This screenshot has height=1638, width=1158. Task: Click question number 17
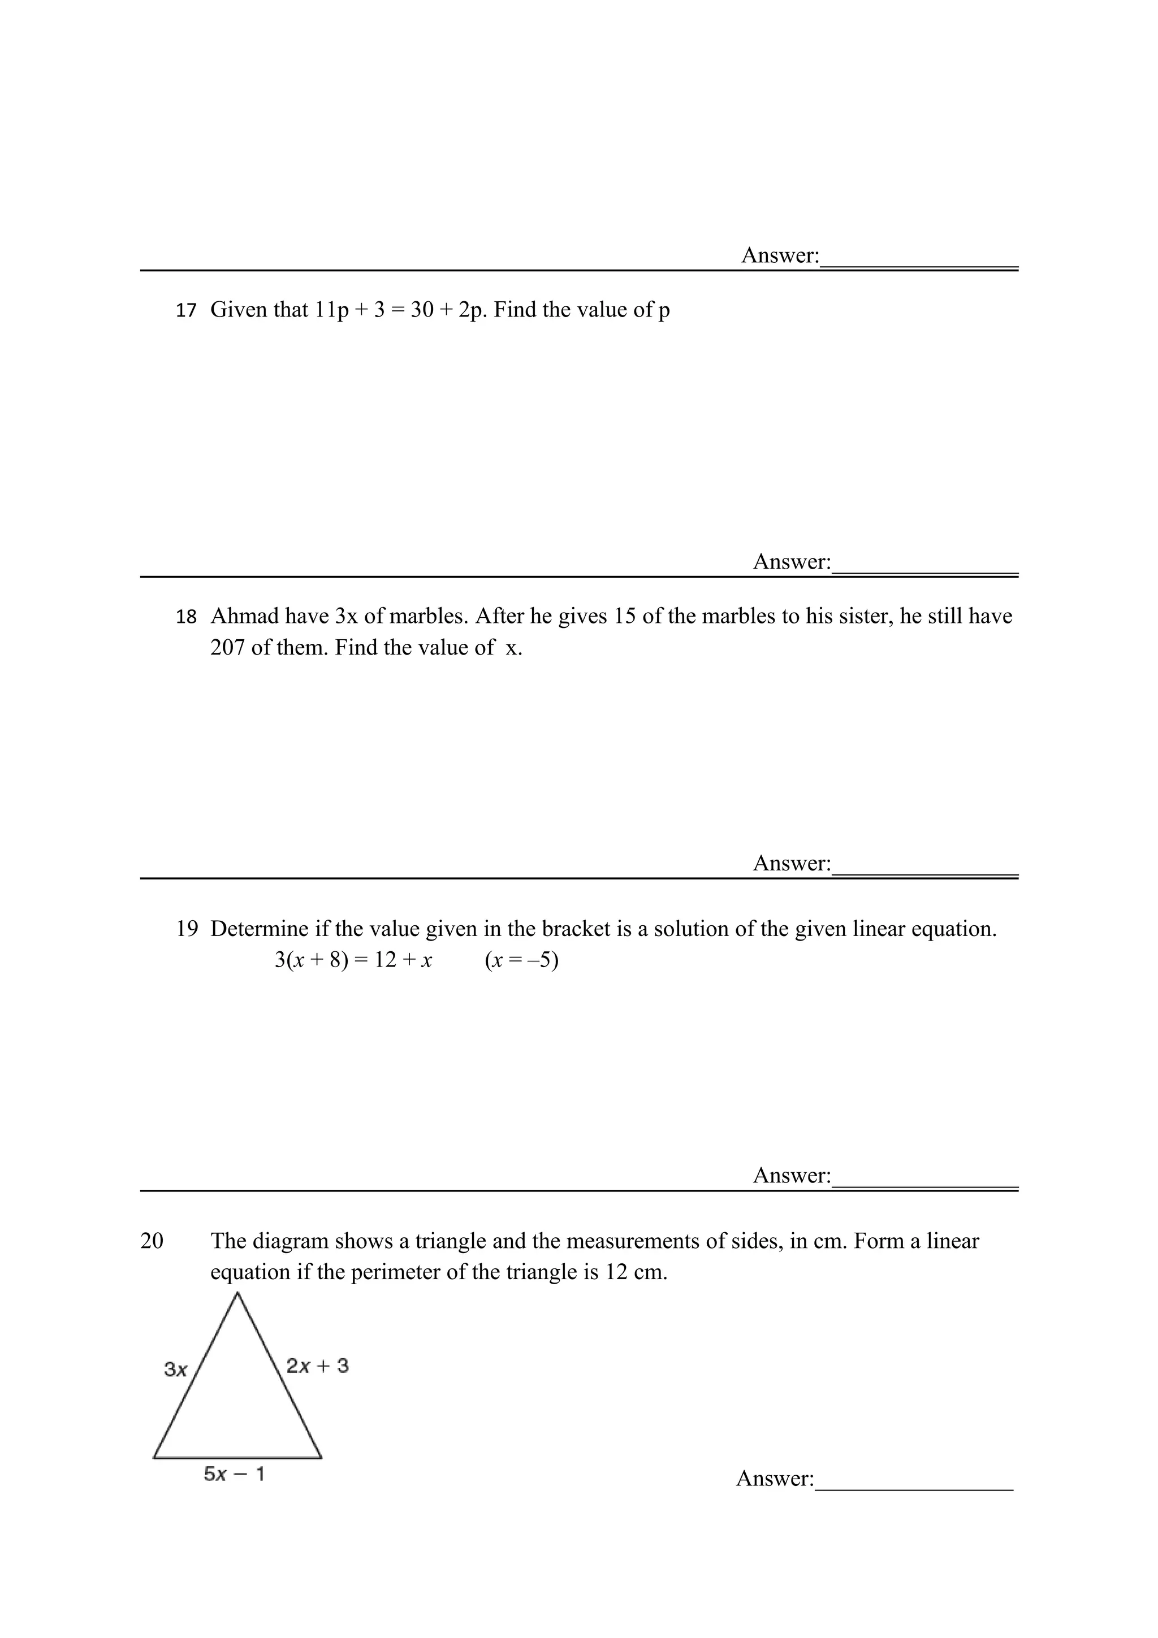point(185,310)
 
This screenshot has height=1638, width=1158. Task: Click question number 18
point(185,617)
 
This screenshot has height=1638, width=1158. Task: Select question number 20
point(152,1241)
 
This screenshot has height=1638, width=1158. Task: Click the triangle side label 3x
point(175,1369)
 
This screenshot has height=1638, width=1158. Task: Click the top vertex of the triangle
point(237,1293)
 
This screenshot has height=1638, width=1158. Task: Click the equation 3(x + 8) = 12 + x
point(353,960)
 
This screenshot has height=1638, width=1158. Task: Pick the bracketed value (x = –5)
point(521,960)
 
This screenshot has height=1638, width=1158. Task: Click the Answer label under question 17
point(791,562)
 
